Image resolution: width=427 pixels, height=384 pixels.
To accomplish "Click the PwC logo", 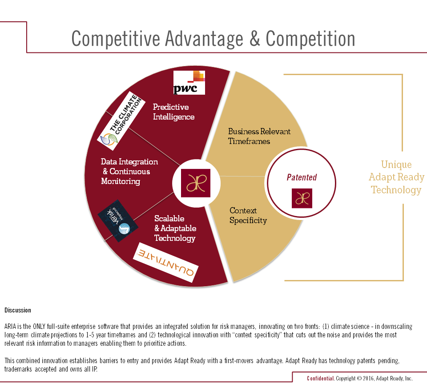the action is tap(189, 83).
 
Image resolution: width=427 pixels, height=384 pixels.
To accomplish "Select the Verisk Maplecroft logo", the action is tap(118, 221).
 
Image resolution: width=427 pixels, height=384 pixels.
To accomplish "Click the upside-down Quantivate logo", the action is tap(165, 263).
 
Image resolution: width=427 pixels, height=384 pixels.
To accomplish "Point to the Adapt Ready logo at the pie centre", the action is tap(196, 183).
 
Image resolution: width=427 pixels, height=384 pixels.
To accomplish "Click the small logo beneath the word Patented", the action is tap(302, 198).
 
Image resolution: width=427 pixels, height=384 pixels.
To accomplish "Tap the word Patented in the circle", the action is tap(302, 177).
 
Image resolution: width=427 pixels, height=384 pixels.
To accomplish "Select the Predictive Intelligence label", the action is tap(174, 112).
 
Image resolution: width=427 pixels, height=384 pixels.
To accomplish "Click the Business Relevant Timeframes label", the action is tap(259, 136).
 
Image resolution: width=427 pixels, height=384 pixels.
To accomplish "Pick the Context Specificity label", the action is tap(248, 215).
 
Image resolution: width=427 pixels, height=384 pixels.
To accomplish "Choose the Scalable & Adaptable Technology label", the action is tap(175, 228).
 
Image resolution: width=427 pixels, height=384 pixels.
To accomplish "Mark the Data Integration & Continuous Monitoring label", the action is tap(129, 172).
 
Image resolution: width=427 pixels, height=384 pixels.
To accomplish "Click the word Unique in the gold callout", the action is tap(396, 164).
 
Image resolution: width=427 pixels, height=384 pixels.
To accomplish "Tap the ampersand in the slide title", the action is tap(255, 39).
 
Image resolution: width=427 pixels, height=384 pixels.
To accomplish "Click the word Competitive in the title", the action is tap(116, 39).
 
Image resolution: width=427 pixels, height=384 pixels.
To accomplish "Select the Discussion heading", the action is tap(18, 310).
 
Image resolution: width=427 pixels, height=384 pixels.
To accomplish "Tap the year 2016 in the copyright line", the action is tap(368, 378).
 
